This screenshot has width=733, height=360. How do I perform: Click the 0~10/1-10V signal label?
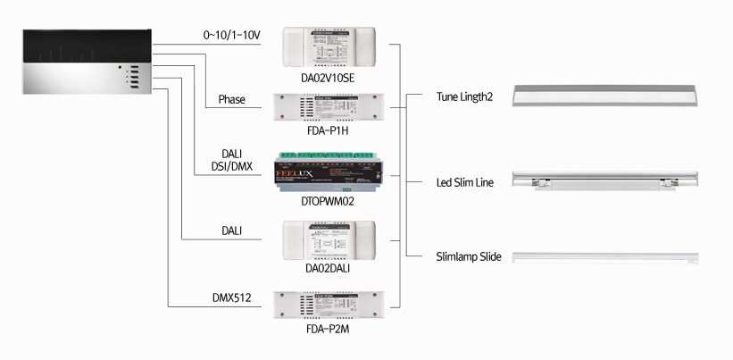click(x=232, y=35)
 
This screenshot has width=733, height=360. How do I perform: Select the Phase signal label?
click(x=231, y=99)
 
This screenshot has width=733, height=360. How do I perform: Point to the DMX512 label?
click(x=230, y=297)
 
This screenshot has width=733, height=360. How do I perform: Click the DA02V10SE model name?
click(x=329, y=79)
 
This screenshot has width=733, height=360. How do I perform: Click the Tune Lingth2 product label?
click(x=464, y=96)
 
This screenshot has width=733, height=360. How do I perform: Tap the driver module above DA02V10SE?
click(x=329, y=46)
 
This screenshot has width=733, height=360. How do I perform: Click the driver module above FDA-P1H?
click(x=329, y=111)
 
